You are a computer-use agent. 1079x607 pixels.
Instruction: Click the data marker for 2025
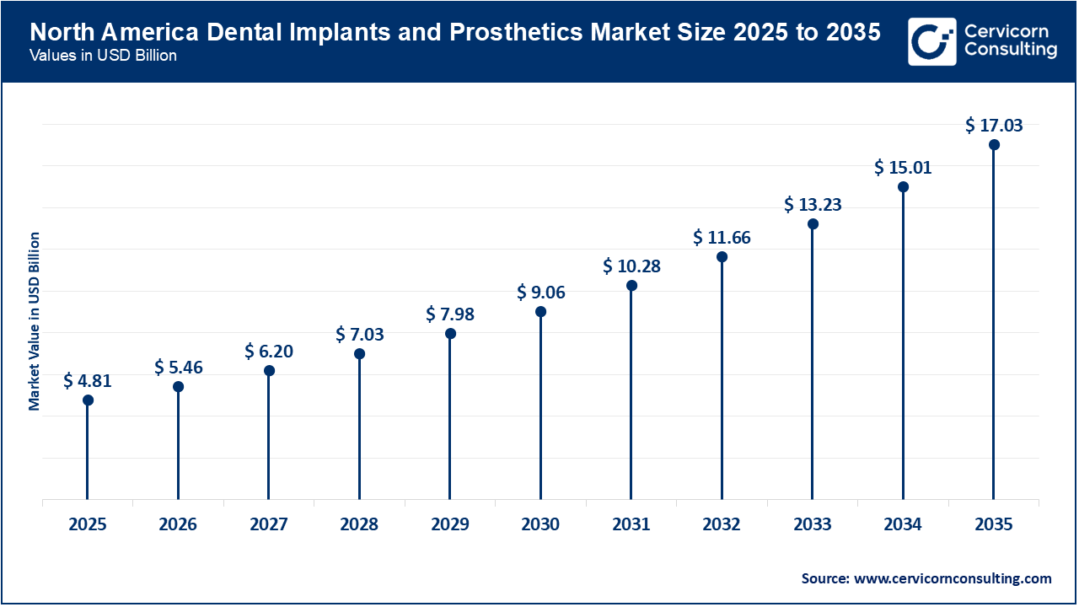88,400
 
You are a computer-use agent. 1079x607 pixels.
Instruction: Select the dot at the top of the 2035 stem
994,145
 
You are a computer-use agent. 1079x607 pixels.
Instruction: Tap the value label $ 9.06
540,293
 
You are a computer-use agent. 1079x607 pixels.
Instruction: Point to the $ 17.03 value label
994,126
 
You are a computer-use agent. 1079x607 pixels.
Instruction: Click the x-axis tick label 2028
359,525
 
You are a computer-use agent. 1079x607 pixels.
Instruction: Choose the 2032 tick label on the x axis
722,525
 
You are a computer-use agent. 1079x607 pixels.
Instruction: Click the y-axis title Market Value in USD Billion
35,321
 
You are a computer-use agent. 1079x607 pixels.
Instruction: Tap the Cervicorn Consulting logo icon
931,41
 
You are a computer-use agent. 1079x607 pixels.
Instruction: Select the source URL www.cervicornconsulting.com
953,578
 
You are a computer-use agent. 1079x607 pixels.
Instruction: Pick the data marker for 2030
540,312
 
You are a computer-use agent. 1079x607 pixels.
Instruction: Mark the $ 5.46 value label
178,368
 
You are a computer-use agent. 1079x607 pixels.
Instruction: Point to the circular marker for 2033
813,224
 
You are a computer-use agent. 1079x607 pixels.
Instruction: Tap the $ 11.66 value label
722,239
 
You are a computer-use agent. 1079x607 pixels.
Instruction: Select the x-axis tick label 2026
178,525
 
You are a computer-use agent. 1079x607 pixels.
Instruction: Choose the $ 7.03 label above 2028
359,335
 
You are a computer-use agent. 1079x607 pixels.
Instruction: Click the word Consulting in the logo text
1010,51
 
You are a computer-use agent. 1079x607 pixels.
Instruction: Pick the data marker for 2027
269,371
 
